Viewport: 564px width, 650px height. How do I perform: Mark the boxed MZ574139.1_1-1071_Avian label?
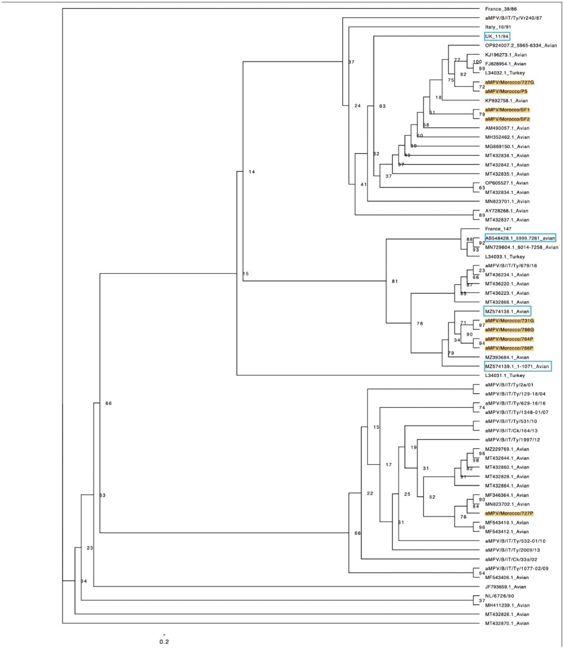(x=517, y=367)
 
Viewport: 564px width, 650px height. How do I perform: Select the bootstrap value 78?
(x=419, y=323)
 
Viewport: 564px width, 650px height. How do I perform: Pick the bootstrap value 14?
(x=252, y=172)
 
